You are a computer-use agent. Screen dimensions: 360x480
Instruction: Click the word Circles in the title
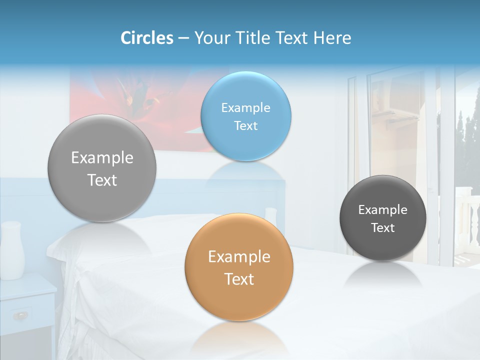(x=146, y=38)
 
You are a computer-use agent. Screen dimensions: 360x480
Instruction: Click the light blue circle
(x=245, y=116)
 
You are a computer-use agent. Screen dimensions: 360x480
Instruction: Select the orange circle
(x=239, y=267)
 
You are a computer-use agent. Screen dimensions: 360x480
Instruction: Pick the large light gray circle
(x=102, y=168)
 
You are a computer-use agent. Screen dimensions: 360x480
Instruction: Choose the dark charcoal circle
(x=382, y=218)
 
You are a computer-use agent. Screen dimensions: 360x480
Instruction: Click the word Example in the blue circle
(x=245, y=107)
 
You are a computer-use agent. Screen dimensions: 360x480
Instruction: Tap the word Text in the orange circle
(x=239, y=279)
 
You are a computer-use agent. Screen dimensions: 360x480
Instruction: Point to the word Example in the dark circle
(x=382, y=210)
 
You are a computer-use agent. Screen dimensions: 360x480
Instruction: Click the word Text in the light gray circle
(x=102, y=180)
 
